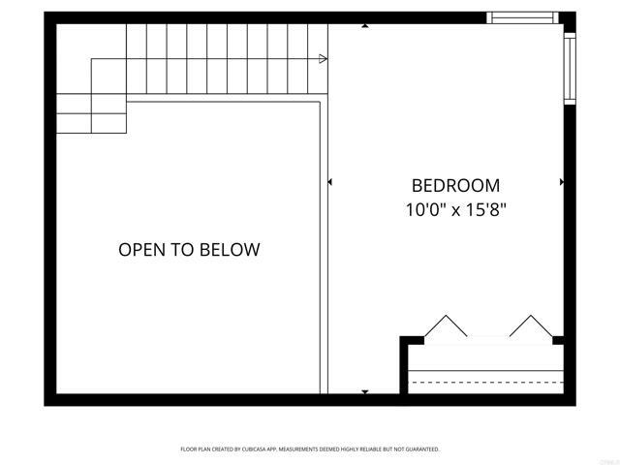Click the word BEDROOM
click(455, 185)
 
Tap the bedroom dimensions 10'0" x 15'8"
click(455, 209)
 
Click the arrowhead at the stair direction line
click(323, 59)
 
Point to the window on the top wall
click(521, 16)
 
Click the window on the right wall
click(570, 68)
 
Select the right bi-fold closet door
click(529, 325)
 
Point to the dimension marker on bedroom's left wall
click(330, 181)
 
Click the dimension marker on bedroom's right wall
click(561, 181)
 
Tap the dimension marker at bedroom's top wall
click(365, 26)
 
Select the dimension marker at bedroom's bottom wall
click(365, 391)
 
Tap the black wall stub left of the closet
click(411, 340)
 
